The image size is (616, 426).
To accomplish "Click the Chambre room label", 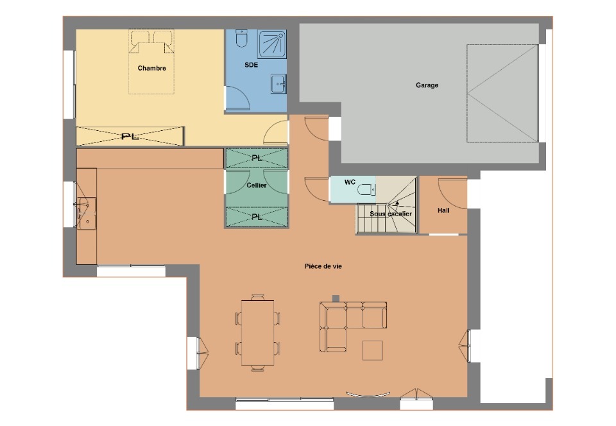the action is tap(151, 68).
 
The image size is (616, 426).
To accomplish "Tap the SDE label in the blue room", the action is tap(251, 65).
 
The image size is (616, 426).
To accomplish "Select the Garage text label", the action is tap(427, 85).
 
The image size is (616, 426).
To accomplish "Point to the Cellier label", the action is tap(257, 185).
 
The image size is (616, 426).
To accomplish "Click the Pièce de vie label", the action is tap(323, 266).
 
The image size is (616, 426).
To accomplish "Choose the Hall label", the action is tap(443, 210).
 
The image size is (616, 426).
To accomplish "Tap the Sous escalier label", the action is tap(391, 214).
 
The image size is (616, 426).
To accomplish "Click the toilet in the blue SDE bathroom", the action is tap(241, 38).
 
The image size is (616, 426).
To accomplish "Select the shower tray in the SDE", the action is tap(272, 44).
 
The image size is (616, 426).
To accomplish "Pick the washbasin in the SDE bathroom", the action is tap(278, 83).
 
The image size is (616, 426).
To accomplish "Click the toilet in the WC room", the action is tap(366, 190).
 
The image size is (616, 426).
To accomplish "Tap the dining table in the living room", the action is tap(258, 332).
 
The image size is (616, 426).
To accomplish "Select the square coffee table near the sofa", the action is tap(372, 350).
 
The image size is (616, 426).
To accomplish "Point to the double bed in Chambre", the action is tap(151, 62).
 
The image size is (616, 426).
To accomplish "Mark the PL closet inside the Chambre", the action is tap(130, 136).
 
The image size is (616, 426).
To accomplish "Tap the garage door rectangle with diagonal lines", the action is tap(502, 93).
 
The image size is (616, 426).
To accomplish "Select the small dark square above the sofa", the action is tap(336, 298).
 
